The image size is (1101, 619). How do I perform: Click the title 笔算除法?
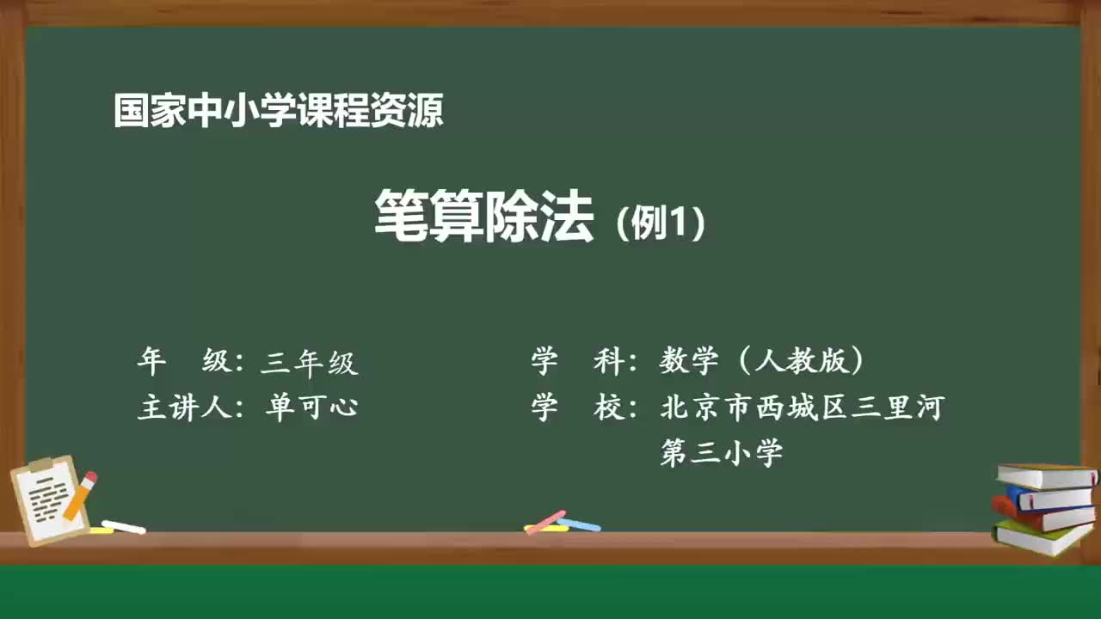click(x=483, y=218)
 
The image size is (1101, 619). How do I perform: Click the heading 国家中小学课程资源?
click(x=279, y=111)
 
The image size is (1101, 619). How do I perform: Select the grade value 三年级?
click(x=309, y=363)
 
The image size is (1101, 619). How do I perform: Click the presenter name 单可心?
click(x=311, y=407)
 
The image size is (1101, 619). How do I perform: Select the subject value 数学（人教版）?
click(x=762, y=362)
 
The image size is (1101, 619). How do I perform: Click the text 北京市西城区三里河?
click(x=802, y=407)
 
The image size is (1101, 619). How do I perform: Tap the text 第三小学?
click(x=721, y=452)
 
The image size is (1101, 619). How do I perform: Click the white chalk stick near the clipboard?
click(x=124, y=526)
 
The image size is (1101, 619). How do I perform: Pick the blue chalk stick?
click(x=579, y=524)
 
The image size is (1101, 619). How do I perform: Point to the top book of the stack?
click(x=1046, y=475)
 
